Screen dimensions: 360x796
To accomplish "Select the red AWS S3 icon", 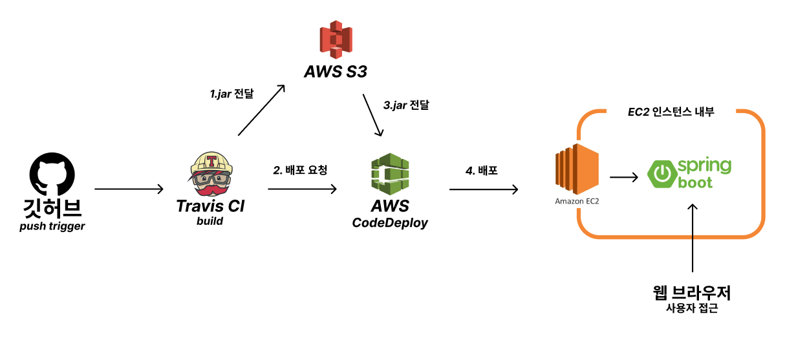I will click(x=336, y=39).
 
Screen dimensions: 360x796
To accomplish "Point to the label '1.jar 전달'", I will click(x=231, y=94).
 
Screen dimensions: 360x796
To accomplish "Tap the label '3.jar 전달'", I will click(x=406, y=105).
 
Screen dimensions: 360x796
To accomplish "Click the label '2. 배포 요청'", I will click(x=300, y=171).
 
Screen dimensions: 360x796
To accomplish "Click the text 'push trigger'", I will click(x=52, y=226).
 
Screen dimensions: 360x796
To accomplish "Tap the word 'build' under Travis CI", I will click(x=210, y=221).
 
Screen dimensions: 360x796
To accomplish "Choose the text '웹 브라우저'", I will click(x=692, y=293).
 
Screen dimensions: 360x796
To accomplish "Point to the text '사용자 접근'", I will click(x=692, y=309).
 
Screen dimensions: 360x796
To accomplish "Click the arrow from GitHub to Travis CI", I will click(x=129, y=189).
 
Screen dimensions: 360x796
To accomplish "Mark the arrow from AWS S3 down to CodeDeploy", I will click(x=373, y=116).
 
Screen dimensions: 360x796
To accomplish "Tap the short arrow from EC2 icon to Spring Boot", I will click(x=625, y=176).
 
